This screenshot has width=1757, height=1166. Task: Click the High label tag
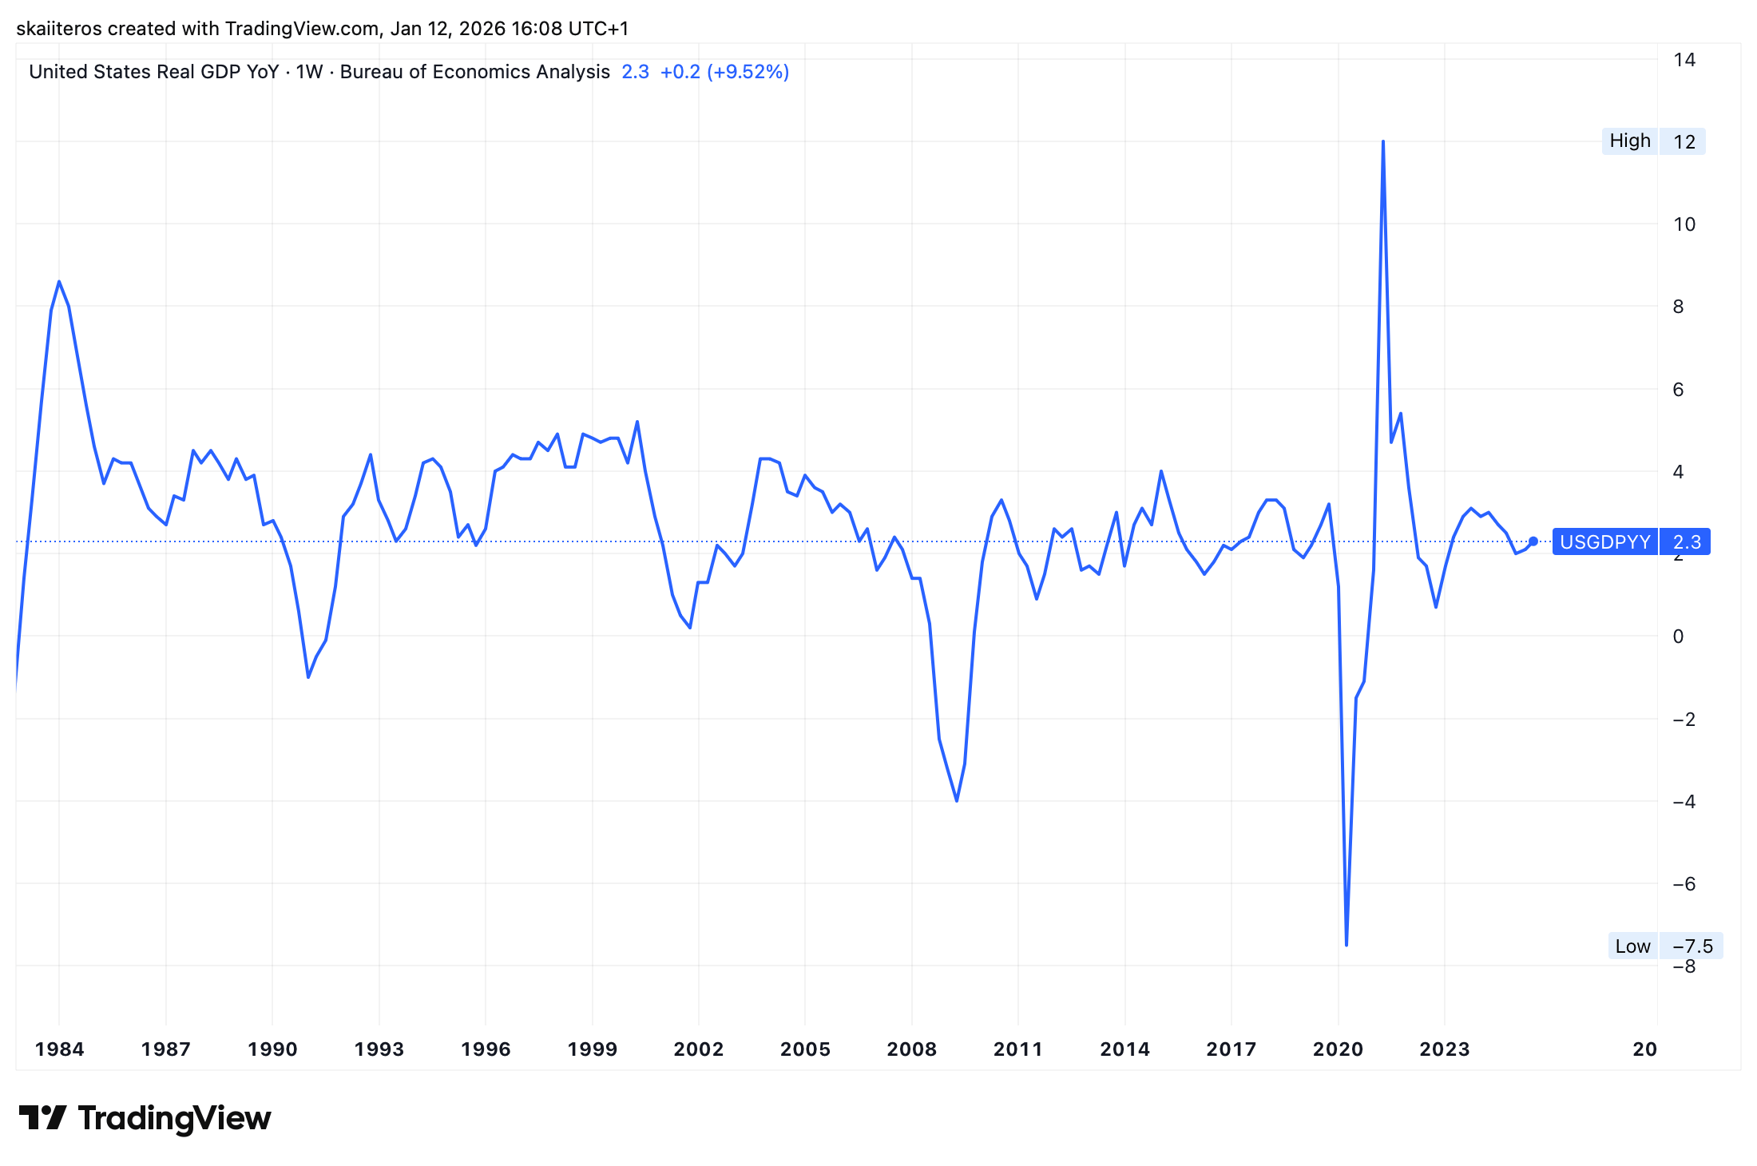(x=1629, y=141)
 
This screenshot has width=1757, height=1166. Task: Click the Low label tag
(x=1632, y=946)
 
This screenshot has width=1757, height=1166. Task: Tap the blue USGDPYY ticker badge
(x=1604, y=542)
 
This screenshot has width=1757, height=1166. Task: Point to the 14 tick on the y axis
(x=1684, y=60)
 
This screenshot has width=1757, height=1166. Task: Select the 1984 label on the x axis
(x=59, y=1049)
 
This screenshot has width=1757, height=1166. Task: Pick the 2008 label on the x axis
(x=911, y=1049)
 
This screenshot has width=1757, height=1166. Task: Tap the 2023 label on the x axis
(x=1444, y=1049)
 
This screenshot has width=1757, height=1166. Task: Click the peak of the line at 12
(x=1382, y=142)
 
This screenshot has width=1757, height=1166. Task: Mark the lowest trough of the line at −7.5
(x=1347, y=945)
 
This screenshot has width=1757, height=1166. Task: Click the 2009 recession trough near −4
(x=957, y=800)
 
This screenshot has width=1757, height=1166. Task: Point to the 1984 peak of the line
(x=59, y=282)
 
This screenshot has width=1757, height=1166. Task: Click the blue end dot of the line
(x=1533, y=541)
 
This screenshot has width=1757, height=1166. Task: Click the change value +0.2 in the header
(x=680, y=72)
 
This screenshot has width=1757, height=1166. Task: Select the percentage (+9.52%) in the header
(x=748, y=72)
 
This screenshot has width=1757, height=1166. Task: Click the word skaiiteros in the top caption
(x=58, y=29)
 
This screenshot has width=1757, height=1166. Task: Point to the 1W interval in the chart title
(x=309, y=72)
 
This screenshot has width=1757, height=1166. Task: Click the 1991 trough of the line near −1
(x=308, y=677)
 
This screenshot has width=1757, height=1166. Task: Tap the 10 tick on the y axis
(x=1684, y=224)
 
